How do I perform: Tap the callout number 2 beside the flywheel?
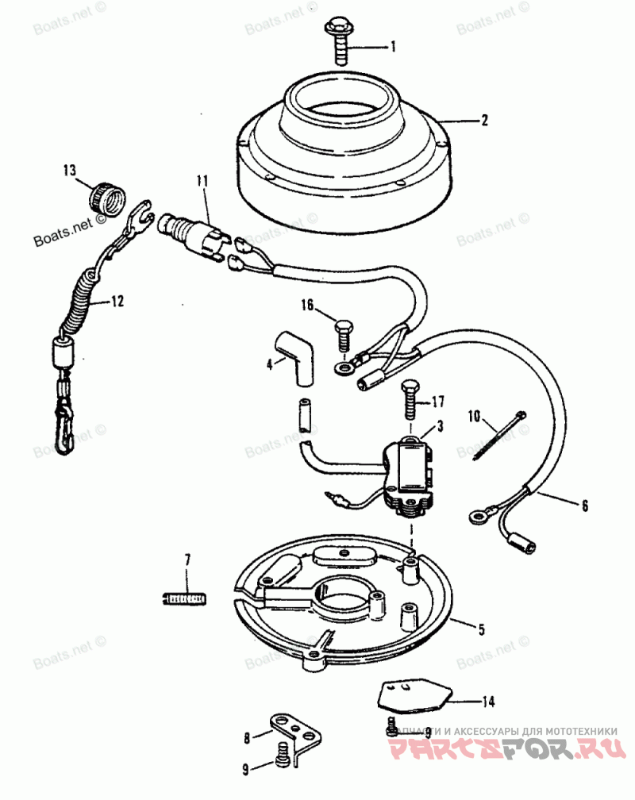pos(483,121)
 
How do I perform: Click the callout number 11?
pos(202,182)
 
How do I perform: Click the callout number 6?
pos(585,504)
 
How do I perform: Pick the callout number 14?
pos(487,701)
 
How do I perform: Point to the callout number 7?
pos(188,560)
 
